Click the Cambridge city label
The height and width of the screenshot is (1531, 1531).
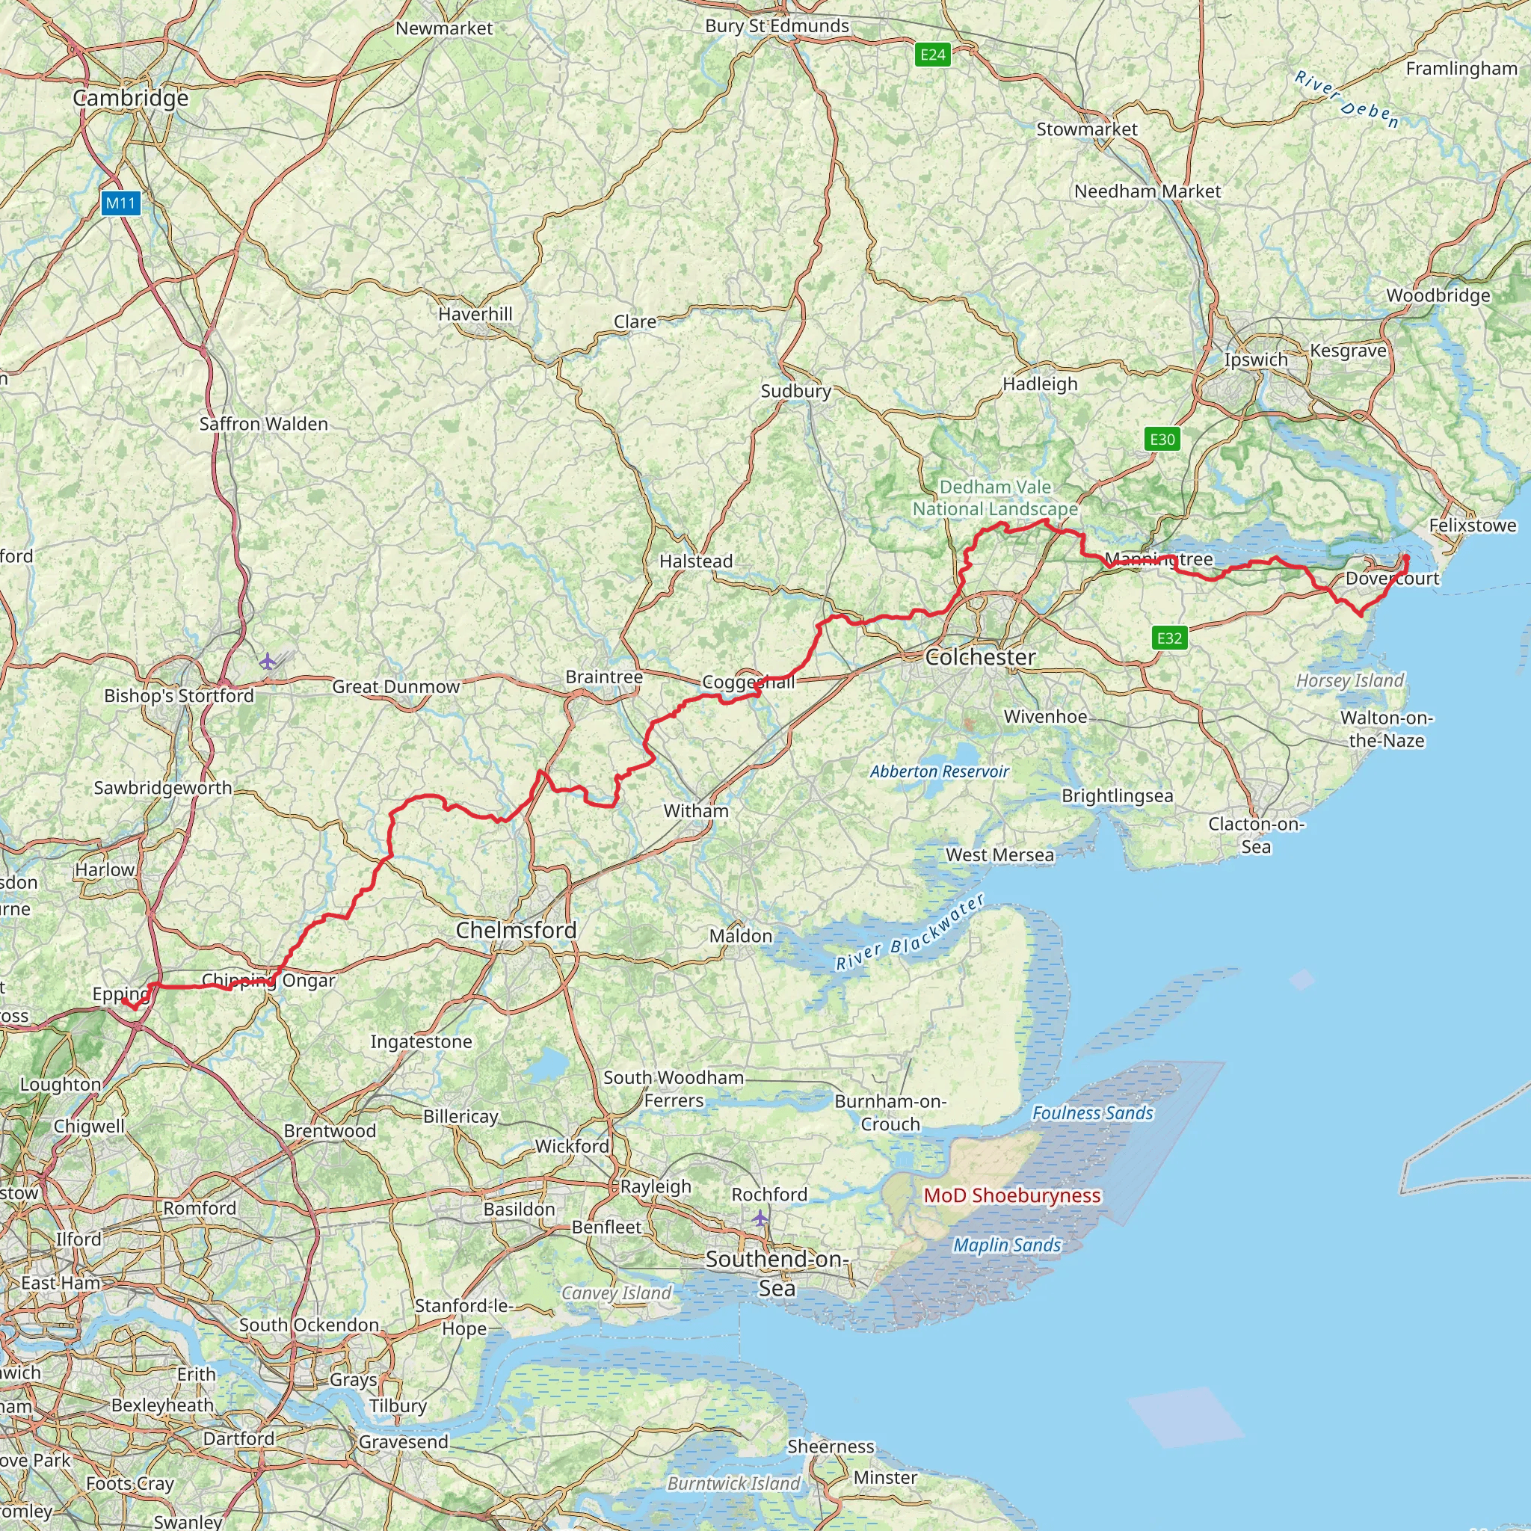(x=131, y=98)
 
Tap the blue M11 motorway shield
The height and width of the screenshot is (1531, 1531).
(x=121, y=203)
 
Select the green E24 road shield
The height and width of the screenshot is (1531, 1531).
(x=933, y=55)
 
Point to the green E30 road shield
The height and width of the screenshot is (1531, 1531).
(x=1162, y=439)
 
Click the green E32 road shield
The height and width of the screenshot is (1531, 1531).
(x=1170, y=638)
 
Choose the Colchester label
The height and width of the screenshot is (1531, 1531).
(x=980, y=657)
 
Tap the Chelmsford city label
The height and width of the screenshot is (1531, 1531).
(x=516, y=930)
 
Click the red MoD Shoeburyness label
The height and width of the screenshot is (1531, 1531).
(x=1013, y=1195)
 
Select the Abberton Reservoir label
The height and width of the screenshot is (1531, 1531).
(x=940, y=771)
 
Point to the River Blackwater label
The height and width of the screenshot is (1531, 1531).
(x=911, y=933)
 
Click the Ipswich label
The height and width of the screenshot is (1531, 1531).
(x=1256, y=360)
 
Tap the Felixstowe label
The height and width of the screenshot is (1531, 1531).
(x=1473, y=526)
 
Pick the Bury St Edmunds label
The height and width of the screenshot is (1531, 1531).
(x=777, y=26)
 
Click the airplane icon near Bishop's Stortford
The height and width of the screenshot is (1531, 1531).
(x=268, y=661)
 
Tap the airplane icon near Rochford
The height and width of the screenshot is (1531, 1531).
(x=761, y=1217)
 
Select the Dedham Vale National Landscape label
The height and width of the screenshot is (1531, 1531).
(x=995, y=499)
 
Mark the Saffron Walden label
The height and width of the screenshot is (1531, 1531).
(x=263, y=424)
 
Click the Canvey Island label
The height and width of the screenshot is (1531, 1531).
(x=617, y=1293)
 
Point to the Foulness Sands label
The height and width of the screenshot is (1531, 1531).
(x=1092, y=1113)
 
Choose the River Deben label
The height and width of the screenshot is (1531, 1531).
(x=1346, y=100)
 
